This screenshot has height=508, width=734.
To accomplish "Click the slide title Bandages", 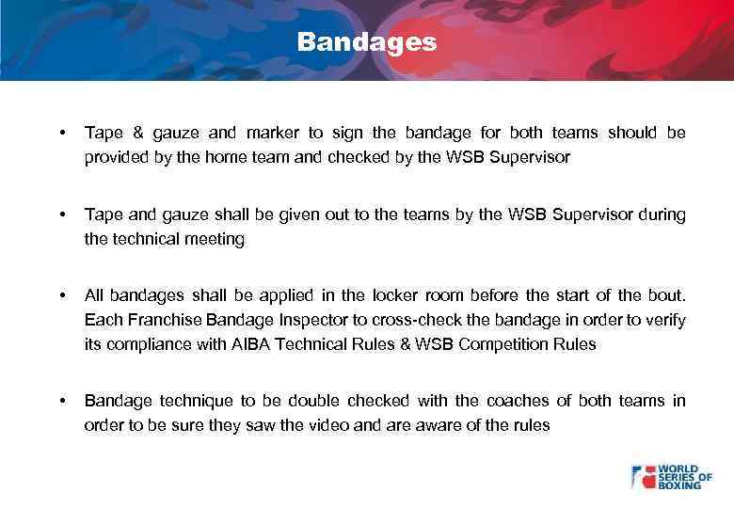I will pos(367,42).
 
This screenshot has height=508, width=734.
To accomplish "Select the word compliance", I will pos(149,343).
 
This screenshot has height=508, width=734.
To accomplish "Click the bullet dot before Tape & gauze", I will pos(61,133).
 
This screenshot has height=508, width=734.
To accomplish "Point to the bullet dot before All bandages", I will pos(61,294).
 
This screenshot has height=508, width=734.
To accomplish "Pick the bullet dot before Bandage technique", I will pos(61,401).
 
